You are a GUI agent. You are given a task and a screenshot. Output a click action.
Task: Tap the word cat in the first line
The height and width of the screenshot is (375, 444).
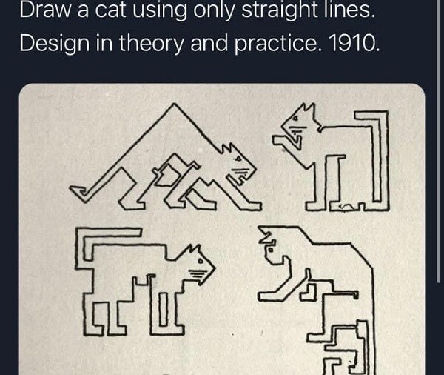tap(110, 10)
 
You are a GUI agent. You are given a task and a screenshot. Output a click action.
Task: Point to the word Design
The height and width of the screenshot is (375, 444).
tap(54, 44)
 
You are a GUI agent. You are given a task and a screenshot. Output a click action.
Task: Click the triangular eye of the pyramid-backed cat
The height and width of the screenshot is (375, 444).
tap(238, 159)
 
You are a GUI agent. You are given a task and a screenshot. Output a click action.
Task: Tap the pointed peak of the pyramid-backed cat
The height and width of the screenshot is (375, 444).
tap(175, 104)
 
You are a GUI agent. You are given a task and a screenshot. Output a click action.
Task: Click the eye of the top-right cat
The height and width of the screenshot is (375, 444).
tap(296, 119)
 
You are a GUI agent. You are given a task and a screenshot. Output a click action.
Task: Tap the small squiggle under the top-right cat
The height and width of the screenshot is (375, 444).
tap(346, 206)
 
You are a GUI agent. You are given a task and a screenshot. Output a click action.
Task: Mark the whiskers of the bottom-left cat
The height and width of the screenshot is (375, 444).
tap(198, 273)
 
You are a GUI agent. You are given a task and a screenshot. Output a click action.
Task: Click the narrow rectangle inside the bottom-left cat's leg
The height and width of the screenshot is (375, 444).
tap(164, 309)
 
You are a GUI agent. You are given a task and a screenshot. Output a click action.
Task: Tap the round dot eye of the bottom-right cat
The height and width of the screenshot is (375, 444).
tap(270, 250)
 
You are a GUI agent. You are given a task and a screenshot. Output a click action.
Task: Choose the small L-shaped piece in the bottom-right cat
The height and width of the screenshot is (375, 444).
tap(309, 293)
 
